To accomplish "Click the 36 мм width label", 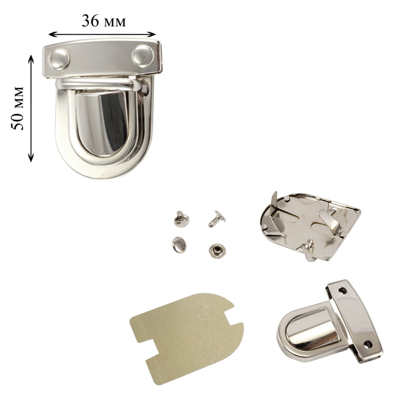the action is coord(104,21).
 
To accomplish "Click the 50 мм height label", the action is coord(18,108).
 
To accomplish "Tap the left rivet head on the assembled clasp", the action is coord(59,59).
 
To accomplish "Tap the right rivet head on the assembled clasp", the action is coord(143,56).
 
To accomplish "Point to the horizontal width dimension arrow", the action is coord(102,34).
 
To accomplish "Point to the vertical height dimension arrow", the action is coord(31,108).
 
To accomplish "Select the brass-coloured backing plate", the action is coord(186,339).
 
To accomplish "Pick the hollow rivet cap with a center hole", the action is coord(217,251).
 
